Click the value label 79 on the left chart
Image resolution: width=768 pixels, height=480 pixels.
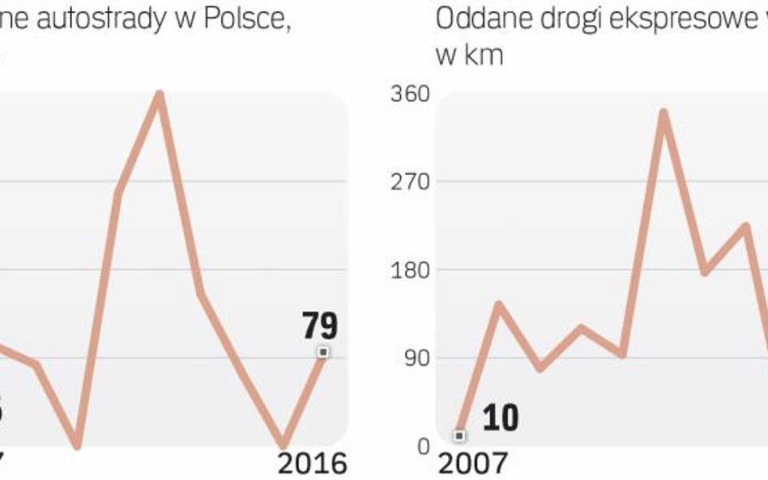point(320,326)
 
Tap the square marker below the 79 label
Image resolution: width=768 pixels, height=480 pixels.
point(323,352)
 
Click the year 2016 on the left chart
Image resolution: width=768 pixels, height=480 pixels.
point(313,463)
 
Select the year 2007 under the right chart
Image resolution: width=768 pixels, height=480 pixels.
point(473,463)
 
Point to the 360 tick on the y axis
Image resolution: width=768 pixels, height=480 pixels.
point(409,94)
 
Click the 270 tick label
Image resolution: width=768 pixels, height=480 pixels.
point(409,181)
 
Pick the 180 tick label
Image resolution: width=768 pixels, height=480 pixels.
point(409,270)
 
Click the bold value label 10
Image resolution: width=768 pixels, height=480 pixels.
point(500,418)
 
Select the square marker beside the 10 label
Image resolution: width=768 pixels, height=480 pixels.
point(459,435)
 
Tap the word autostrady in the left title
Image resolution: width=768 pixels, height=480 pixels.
point(113,20)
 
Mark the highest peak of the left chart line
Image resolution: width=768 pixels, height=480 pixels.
point(160,95)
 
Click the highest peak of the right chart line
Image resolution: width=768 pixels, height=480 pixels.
point(663,113)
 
